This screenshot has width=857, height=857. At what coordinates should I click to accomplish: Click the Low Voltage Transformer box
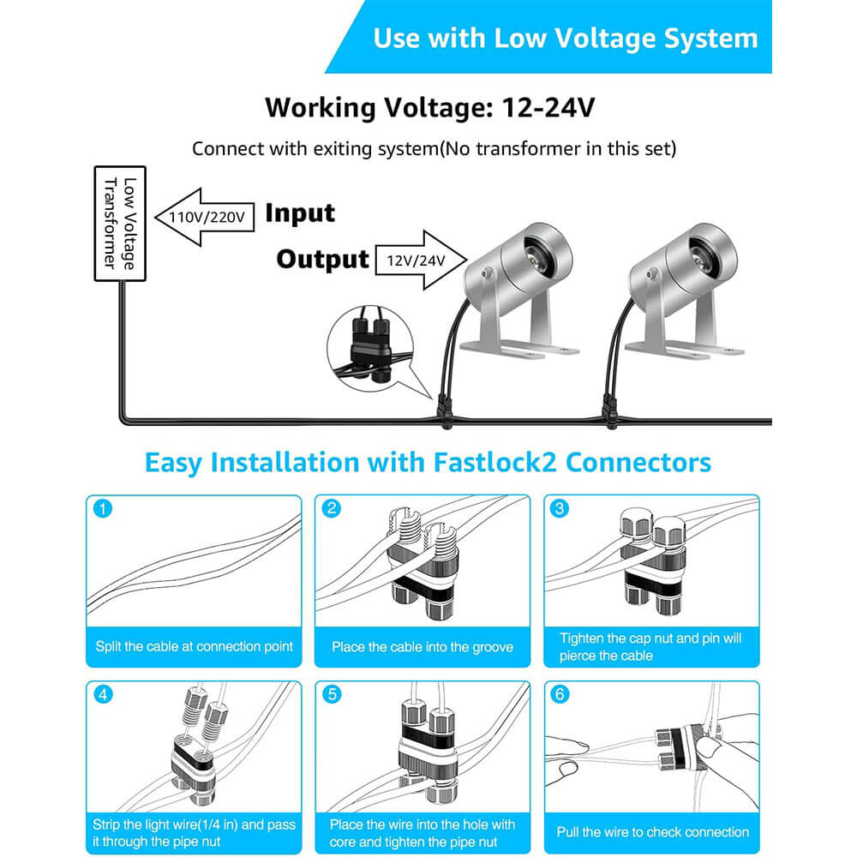pyautogui.click(x=120, y=224)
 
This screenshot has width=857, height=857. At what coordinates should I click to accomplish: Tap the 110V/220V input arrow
pyautogui.click(x=205, y=217)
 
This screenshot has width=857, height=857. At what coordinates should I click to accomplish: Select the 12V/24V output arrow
pyautogui.click(x=421, y=261)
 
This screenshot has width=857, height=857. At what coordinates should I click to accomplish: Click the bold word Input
pyautogui.click(x=299, y=213)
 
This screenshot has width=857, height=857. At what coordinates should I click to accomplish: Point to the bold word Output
pyautogui.click(x=322, y=259)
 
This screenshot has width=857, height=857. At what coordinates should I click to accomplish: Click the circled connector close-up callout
pyautogui.click(x=371, y=349)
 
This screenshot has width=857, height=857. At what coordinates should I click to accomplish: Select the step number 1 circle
pyautogui.click(x=103, y=508)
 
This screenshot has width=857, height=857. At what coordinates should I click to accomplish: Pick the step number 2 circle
pyautogui.click(x=331, y=508)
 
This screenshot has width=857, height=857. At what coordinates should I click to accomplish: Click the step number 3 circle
pyautogui.click(x=559, y=508)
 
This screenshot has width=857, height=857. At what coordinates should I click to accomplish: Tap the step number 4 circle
pyautogui.click(x=103, y=695)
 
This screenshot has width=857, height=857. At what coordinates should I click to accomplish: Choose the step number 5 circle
pyautogui.click(x=331, y=695)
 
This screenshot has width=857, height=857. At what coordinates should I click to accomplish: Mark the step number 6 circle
pyautogui.click(x=559, y=695)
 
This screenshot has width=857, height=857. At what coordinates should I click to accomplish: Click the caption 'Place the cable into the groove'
pyautogui.click(x=423, y=647)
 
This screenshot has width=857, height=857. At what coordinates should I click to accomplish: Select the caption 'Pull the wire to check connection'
pyautogui.click(x=652, y=832)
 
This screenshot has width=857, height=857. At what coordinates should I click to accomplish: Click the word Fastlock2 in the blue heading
pyautogui.click(x=494, y=463)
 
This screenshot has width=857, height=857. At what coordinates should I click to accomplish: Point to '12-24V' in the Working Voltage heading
pyautogui.click(x=548, y=107)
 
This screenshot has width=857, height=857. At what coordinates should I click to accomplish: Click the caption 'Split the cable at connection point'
pyautogui.click(x=194, y=646)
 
